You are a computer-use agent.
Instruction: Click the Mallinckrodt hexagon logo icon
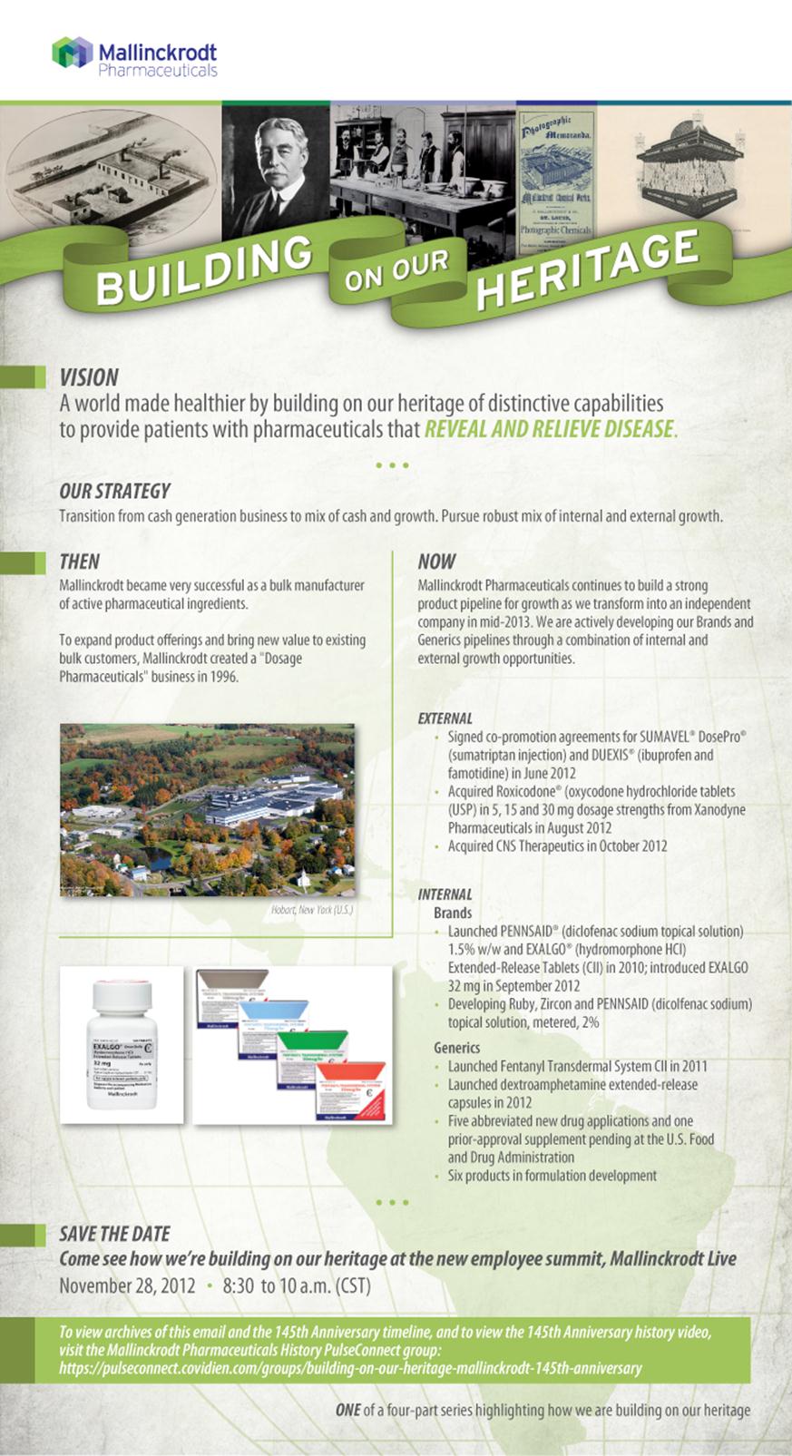click(72, 54)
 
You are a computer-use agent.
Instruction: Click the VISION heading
click(89, 377)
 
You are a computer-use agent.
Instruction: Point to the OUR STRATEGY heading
click(114, 491)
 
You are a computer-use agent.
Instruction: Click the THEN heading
click(80, 562)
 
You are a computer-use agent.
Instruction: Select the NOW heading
click(436, 562)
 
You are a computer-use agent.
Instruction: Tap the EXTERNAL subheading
click(445, 718)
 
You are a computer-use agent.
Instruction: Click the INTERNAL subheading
click(445, 894)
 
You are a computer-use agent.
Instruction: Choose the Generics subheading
click(457, 1048)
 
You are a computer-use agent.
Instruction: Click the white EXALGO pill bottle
click(122, 1043)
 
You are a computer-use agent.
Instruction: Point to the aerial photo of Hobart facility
click(207, 809)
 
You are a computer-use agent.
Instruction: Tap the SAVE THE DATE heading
click(114, 1234)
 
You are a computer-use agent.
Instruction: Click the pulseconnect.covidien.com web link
click(350, 1368)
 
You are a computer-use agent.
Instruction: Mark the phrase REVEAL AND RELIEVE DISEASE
click(549, 429)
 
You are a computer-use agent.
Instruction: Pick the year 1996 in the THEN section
click(223, 676)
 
